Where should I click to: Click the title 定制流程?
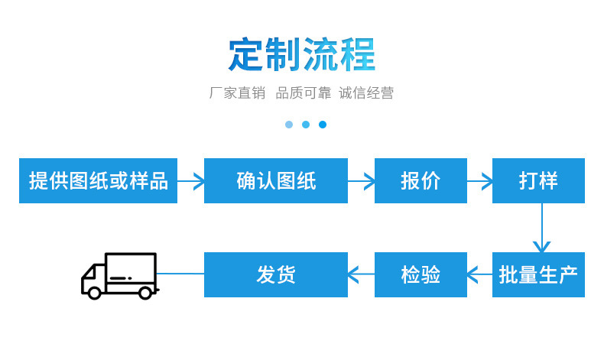point(302,55)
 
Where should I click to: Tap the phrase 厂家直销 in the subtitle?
point(237,93)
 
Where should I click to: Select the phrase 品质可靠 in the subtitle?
point(304,93)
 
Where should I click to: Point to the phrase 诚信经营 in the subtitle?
point(366,93)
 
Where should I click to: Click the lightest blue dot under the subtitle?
point(289,125)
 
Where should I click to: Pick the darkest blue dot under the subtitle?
point(323,125)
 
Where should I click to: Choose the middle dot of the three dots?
point(306,125)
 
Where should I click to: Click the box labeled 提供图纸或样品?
point(98,181)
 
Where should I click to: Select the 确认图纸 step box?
point(275,181)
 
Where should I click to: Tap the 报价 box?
point(421,181)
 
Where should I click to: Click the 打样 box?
point(538,181)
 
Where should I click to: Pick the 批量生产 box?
point(538,274)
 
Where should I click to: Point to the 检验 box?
point(421,274)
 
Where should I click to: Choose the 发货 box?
point(275,274)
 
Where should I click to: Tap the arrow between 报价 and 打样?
point(479,181)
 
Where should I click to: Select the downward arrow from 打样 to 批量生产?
point(541,229)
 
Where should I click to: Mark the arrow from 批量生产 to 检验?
point(479,274)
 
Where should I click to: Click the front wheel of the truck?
point(94,293)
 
